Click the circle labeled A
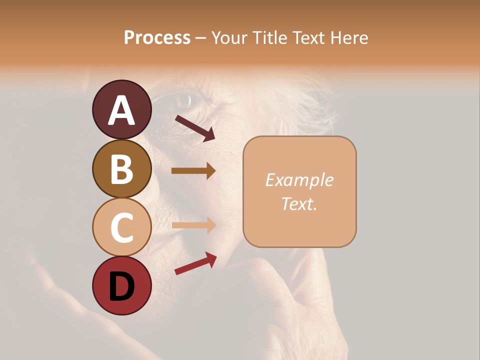pyautogui.click(x=121, y=109)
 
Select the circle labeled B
pyautogui.click(x=121, y=168)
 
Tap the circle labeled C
pyautogui.click(x=121, y=227)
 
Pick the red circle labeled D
pyautogui.click(x=121, y=285)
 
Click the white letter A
pyautogui.click(x=121, y=110)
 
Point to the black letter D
pyautogui.click(x=121, y=286)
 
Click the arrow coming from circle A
pyautogui.click(x=195, y=128)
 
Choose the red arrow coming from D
pyautogui.click(x=195, y=263)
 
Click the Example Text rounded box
pyautogui.click(x=299, y=191)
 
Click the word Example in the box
pyautogui.click(x=299, y=180)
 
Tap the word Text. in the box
pyautogui.click(x=299, y=203)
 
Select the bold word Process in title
pyautogui.click(x=157, y=37)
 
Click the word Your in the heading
pyautogui.click(x=228, y=37)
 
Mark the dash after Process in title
pyautogui.click(x=200, y=38)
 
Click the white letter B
pyautogui.click(x=121, y=169)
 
